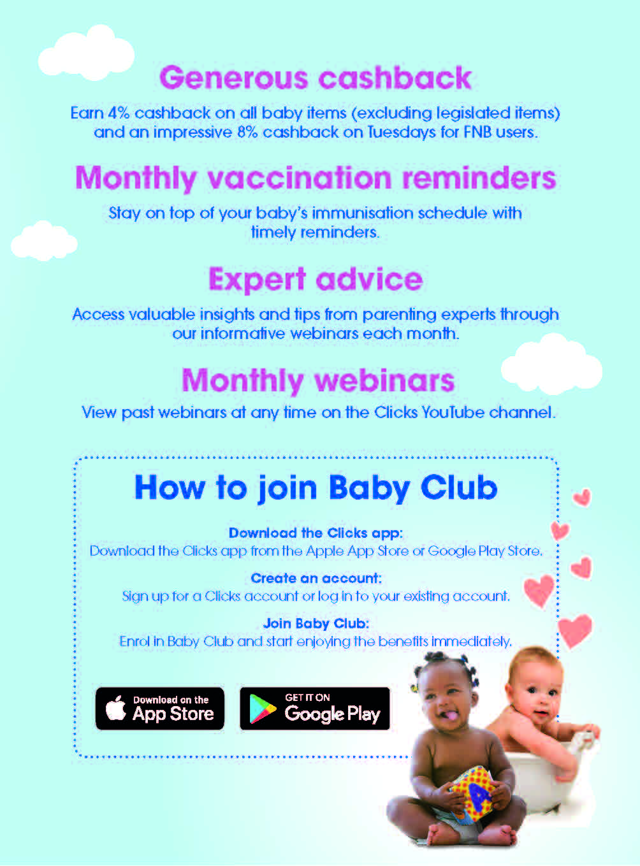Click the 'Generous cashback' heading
[x=316, y=78]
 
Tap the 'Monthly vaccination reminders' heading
[x=316, y=178]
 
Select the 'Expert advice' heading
[x=316, y=279]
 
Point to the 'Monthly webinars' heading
[x=319, y=380]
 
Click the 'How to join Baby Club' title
[x=316, y=488]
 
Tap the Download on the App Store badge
[x=160, y=708]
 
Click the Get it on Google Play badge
[x=315, y=708]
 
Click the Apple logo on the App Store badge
[x=116, y=707]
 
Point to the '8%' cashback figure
[x=247, y=133]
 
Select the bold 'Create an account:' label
[x=316, y=578]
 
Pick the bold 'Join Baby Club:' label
[x=316, y=624]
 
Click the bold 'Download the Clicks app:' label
[x=316, y=533]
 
